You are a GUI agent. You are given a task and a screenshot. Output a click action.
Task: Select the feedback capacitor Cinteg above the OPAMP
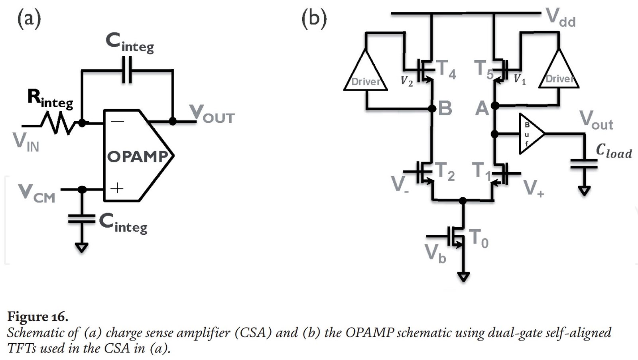coord(127,70)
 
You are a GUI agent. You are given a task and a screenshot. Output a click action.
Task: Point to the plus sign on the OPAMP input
coord(117,188)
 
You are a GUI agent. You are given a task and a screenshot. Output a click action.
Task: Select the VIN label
coord(26,142)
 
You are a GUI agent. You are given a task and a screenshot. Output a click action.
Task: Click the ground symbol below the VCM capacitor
coord(81,248)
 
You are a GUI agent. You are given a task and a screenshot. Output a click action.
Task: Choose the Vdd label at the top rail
coord(560,18)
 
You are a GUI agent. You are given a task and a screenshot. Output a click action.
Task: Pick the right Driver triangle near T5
coord(558,72)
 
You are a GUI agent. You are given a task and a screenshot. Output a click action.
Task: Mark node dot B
coord(432,108)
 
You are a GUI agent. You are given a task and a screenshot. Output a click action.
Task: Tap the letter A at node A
coord(482,108)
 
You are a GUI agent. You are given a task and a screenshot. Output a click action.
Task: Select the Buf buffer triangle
coord(530,134)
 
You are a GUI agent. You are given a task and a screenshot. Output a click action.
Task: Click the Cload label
coord(614,151)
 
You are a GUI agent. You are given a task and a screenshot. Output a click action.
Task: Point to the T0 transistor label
coord(478,239)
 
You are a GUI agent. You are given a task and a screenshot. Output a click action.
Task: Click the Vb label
coord(435,254)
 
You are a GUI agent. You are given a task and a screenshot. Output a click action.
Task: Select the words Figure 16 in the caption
coord(38,317)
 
